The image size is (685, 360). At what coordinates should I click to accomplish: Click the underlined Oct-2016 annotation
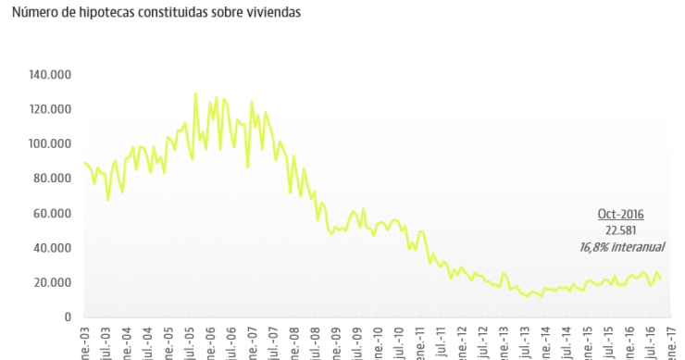coord(620,214)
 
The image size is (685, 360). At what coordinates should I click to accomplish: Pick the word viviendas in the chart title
coord(272,15)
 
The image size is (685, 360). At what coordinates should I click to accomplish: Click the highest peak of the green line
coord(195,93)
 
